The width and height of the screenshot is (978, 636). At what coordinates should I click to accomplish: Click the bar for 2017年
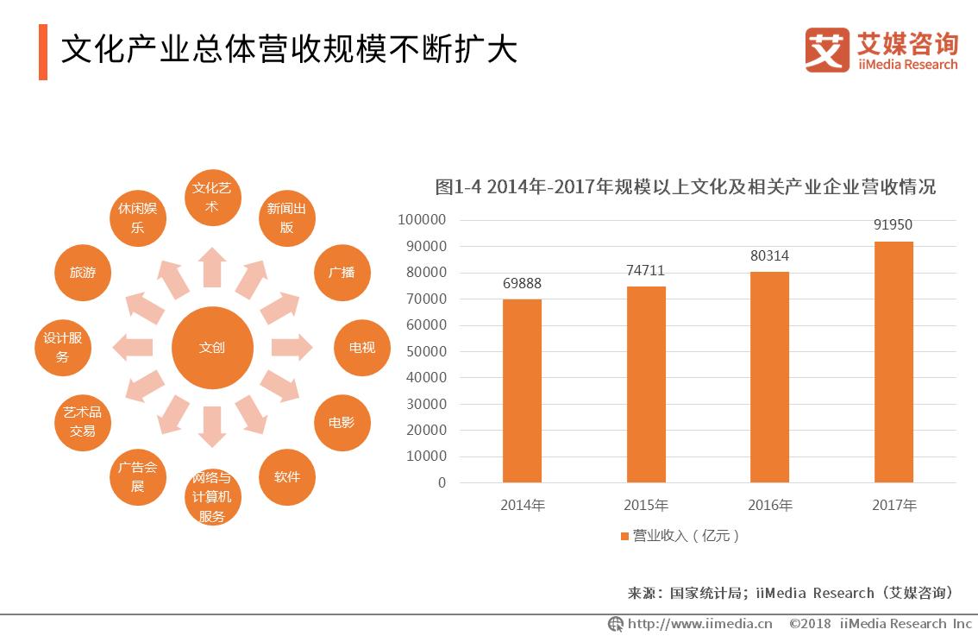893,362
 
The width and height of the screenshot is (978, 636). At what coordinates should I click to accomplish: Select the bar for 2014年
522,390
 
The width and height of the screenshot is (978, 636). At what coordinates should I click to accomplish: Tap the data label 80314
769,256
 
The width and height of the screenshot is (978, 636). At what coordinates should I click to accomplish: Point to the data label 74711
645,271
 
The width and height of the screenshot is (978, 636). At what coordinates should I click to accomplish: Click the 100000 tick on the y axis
422,220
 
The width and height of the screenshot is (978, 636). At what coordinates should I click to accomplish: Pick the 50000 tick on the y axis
425,351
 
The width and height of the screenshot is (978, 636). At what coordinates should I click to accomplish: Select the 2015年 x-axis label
645,506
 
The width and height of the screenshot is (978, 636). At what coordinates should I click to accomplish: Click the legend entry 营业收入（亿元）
681,536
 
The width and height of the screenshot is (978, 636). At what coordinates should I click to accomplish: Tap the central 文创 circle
212,348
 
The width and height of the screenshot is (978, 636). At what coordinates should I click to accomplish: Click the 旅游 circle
83,273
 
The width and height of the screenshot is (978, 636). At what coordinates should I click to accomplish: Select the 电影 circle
342,423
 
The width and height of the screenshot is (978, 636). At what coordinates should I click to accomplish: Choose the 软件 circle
287,476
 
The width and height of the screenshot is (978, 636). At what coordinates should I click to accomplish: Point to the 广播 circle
342,273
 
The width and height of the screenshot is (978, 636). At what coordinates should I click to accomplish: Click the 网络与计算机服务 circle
212,498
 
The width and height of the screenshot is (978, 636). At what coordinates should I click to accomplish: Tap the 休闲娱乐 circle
138,218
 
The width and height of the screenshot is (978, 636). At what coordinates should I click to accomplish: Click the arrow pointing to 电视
292,348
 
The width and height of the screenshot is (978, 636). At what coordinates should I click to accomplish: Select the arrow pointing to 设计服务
134,348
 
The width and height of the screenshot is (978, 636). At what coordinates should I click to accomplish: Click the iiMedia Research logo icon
826,50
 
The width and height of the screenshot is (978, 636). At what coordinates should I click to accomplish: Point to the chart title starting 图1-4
685,187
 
